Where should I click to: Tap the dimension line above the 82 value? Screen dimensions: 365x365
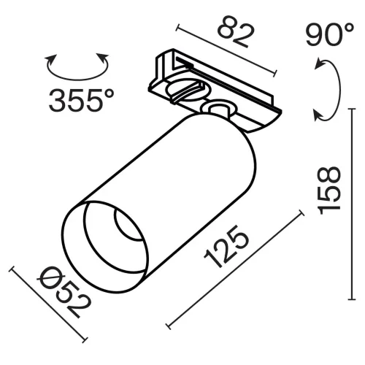pyautogui.click(x=226, y=50)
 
